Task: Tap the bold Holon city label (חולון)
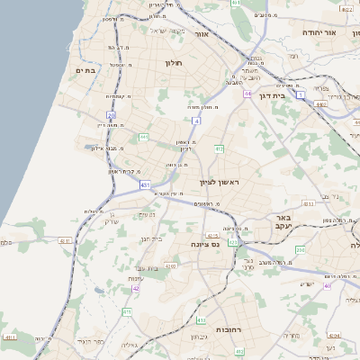tap(174, 63)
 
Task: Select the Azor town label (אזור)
tap(202, 33)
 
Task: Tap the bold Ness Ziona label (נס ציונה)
tap(206, 244)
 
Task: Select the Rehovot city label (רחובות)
tap(232, 330)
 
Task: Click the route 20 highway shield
tap(111, 116)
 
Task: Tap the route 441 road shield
tap(143, 137)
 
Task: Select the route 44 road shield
tap(247, 93)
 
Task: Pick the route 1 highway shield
tap(301, 94)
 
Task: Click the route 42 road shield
tap(136, 289)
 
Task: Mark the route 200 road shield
tap(301, 249)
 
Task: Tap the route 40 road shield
tap(328, 284)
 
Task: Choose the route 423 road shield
tap(234, 242)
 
